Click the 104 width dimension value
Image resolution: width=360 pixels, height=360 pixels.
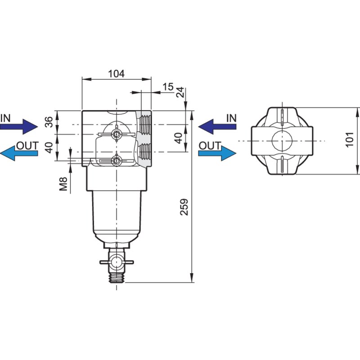117,74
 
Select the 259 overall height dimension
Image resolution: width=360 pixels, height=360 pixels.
184,207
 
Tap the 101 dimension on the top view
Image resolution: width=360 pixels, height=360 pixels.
350,139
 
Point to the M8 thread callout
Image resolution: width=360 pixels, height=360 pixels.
63,184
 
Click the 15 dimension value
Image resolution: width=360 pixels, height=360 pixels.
168,87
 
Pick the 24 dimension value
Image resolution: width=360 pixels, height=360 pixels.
180,92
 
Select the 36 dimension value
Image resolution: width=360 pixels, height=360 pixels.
49,122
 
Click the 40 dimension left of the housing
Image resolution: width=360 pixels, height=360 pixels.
49,147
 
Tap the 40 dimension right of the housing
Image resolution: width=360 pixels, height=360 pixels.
179,138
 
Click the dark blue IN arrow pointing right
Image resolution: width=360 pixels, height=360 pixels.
19,126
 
